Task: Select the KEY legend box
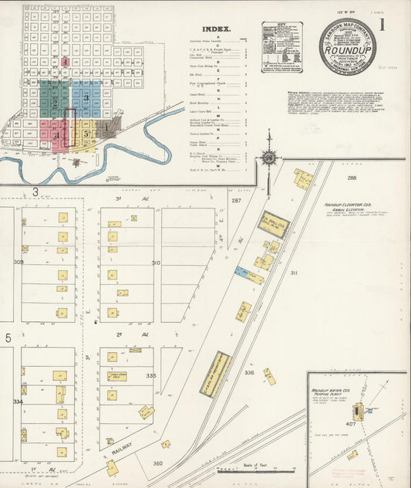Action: (281, 46)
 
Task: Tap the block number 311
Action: (293, 273)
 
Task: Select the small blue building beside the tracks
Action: (242, 272)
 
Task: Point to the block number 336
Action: (248, 372)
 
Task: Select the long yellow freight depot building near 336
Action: (215, 374)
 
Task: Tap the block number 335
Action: (150, 375)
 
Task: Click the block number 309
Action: (18, 263)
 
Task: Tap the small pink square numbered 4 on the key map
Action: (66, 60)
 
